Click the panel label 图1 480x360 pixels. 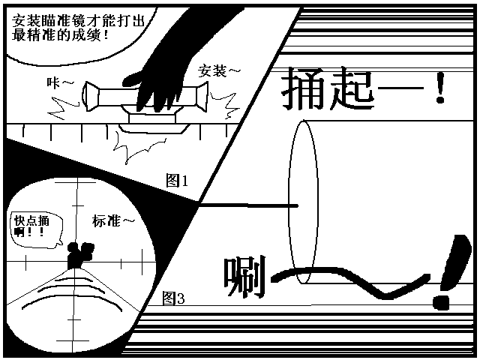(177, 180)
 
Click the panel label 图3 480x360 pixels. (173, 298)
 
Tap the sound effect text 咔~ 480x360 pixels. (60, 82)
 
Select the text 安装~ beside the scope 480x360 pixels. (218, 71)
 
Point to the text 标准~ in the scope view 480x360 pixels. (113, 220)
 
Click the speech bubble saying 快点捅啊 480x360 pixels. (37, 229)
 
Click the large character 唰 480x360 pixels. (244, 277)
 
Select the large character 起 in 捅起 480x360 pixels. (352, 88)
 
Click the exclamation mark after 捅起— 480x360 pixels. (440, 88)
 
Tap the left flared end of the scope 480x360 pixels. (91, 96)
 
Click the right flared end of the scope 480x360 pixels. (202, 96)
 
